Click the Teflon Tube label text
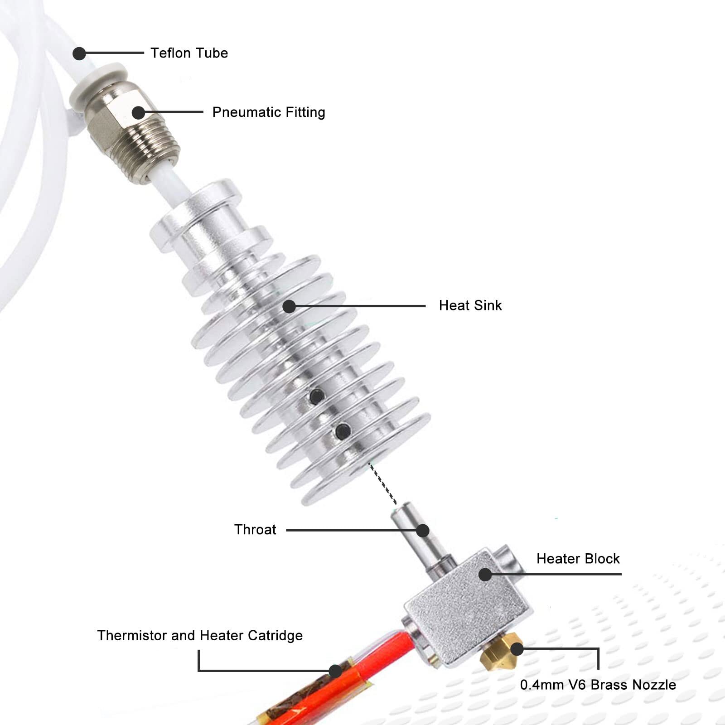(189, 53)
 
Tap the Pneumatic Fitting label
(269, 112)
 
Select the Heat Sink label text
(470, 305)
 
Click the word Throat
(255, 530)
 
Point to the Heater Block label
(578, 559)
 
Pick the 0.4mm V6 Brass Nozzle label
(598, 685)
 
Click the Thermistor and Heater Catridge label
(200, 635)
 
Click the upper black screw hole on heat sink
(317, 396)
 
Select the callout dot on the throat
(423, 531)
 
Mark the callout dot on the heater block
(485, 575)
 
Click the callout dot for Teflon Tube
(79, 53)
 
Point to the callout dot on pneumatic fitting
(139, 112)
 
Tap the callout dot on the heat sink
(289, 306)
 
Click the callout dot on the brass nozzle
(517, 649)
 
